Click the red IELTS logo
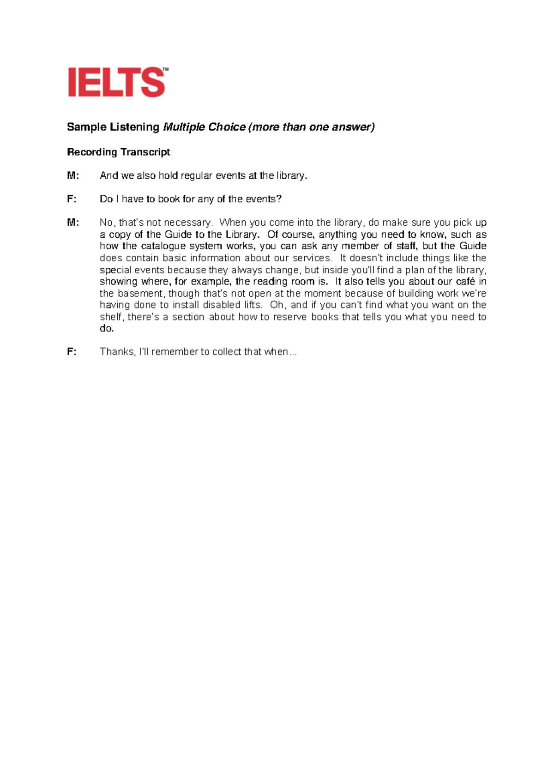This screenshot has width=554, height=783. tap(117, 82)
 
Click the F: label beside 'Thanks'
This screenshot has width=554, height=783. tap(72, 352)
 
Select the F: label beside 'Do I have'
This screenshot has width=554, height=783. tap(72, 199)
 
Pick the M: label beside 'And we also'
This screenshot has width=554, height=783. tap(73, 175)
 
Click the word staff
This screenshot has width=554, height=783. tap(407, 246)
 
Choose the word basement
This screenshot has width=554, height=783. tap(140, 294)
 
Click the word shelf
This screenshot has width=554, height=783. tap(111, 317)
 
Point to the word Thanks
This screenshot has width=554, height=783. tap(117, 352)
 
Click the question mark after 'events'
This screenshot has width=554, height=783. tap(279, 199)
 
